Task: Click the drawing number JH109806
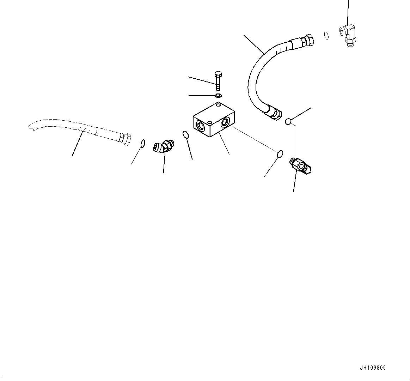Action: point(373,368)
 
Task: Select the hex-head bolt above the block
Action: point(218,80)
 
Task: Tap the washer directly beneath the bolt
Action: point(218,96)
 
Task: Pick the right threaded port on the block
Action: point(225,123)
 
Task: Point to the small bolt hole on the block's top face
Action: point(219,105)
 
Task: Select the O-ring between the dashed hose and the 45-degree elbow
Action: point(142,143)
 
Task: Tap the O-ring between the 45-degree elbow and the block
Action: point(186,134)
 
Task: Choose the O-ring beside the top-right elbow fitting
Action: point(326,35)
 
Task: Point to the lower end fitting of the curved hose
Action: point(274,111)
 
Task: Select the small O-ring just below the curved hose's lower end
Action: point(288,122)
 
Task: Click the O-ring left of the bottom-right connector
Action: point(280,154)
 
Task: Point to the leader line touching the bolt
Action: point(201,80)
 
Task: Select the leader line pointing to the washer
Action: point(202,96)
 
